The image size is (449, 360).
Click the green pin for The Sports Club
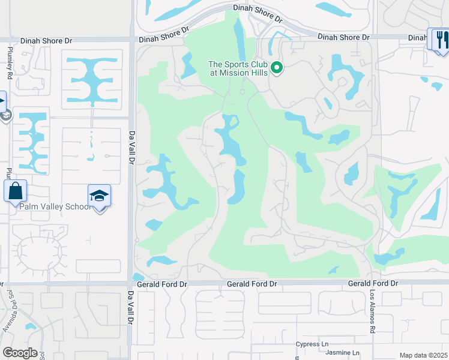coord(277,68)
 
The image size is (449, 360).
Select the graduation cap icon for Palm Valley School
coord(99,196)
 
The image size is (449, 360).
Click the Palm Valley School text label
coord(55,206)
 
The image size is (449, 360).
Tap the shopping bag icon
coord(15,192)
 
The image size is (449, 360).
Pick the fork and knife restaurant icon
coord(442,40)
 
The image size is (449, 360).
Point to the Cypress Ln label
coord(313,344)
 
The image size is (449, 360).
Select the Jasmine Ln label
coord(343,353)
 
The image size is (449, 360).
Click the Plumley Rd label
coord(10,62)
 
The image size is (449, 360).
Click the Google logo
coord(19,353)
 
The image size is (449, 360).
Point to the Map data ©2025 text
coord(423,355)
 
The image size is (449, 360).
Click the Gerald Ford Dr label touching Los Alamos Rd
coord(373,283)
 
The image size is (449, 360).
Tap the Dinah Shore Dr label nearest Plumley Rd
coord(46,41)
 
